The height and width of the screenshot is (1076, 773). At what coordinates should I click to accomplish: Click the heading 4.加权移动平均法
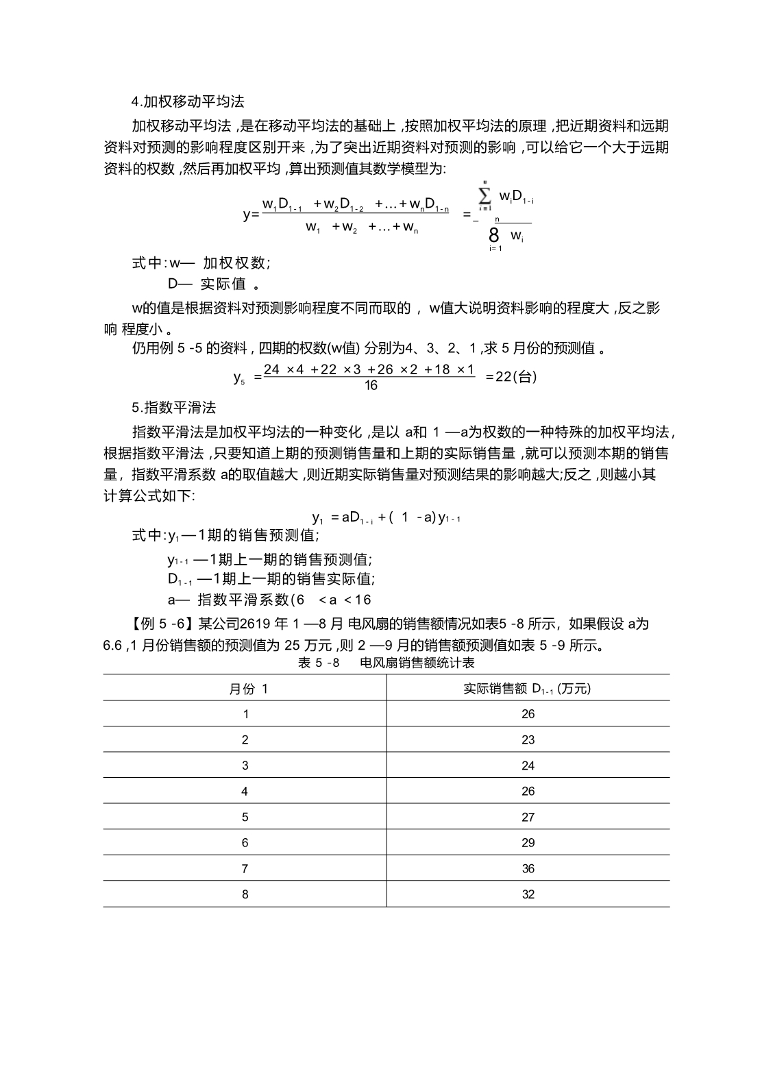188,102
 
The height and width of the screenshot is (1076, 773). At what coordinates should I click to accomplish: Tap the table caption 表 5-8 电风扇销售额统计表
386,663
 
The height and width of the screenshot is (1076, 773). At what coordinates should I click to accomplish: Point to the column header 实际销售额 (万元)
527,689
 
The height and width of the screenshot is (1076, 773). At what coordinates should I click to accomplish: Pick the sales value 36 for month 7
527,868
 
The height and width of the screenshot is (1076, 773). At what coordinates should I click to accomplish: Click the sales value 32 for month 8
527,894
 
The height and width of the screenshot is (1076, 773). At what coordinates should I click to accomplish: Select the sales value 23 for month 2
527,740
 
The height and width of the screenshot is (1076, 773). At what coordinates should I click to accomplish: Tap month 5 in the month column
245,817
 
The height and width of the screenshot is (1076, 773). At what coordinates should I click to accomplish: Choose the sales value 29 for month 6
527,843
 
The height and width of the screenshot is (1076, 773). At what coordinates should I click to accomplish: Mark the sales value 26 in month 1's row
527,714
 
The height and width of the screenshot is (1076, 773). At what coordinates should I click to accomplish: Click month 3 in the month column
245,766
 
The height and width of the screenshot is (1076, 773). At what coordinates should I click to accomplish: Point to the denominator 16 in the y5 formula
371,385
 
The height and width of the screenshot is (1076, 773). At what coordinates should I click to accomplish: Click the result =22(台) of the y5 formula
511,377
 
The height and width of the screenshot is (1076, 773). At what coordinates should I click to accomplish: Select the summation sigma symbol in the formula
485,197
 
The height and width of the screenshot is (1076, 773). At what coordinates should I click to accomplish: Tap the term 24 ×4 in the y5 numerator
284,370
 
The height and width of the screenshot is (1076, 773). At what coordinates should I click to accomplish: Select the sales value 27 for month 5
527,817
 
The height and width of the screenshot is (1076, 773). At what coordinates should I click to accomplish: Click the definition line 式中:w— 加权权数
201,262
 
